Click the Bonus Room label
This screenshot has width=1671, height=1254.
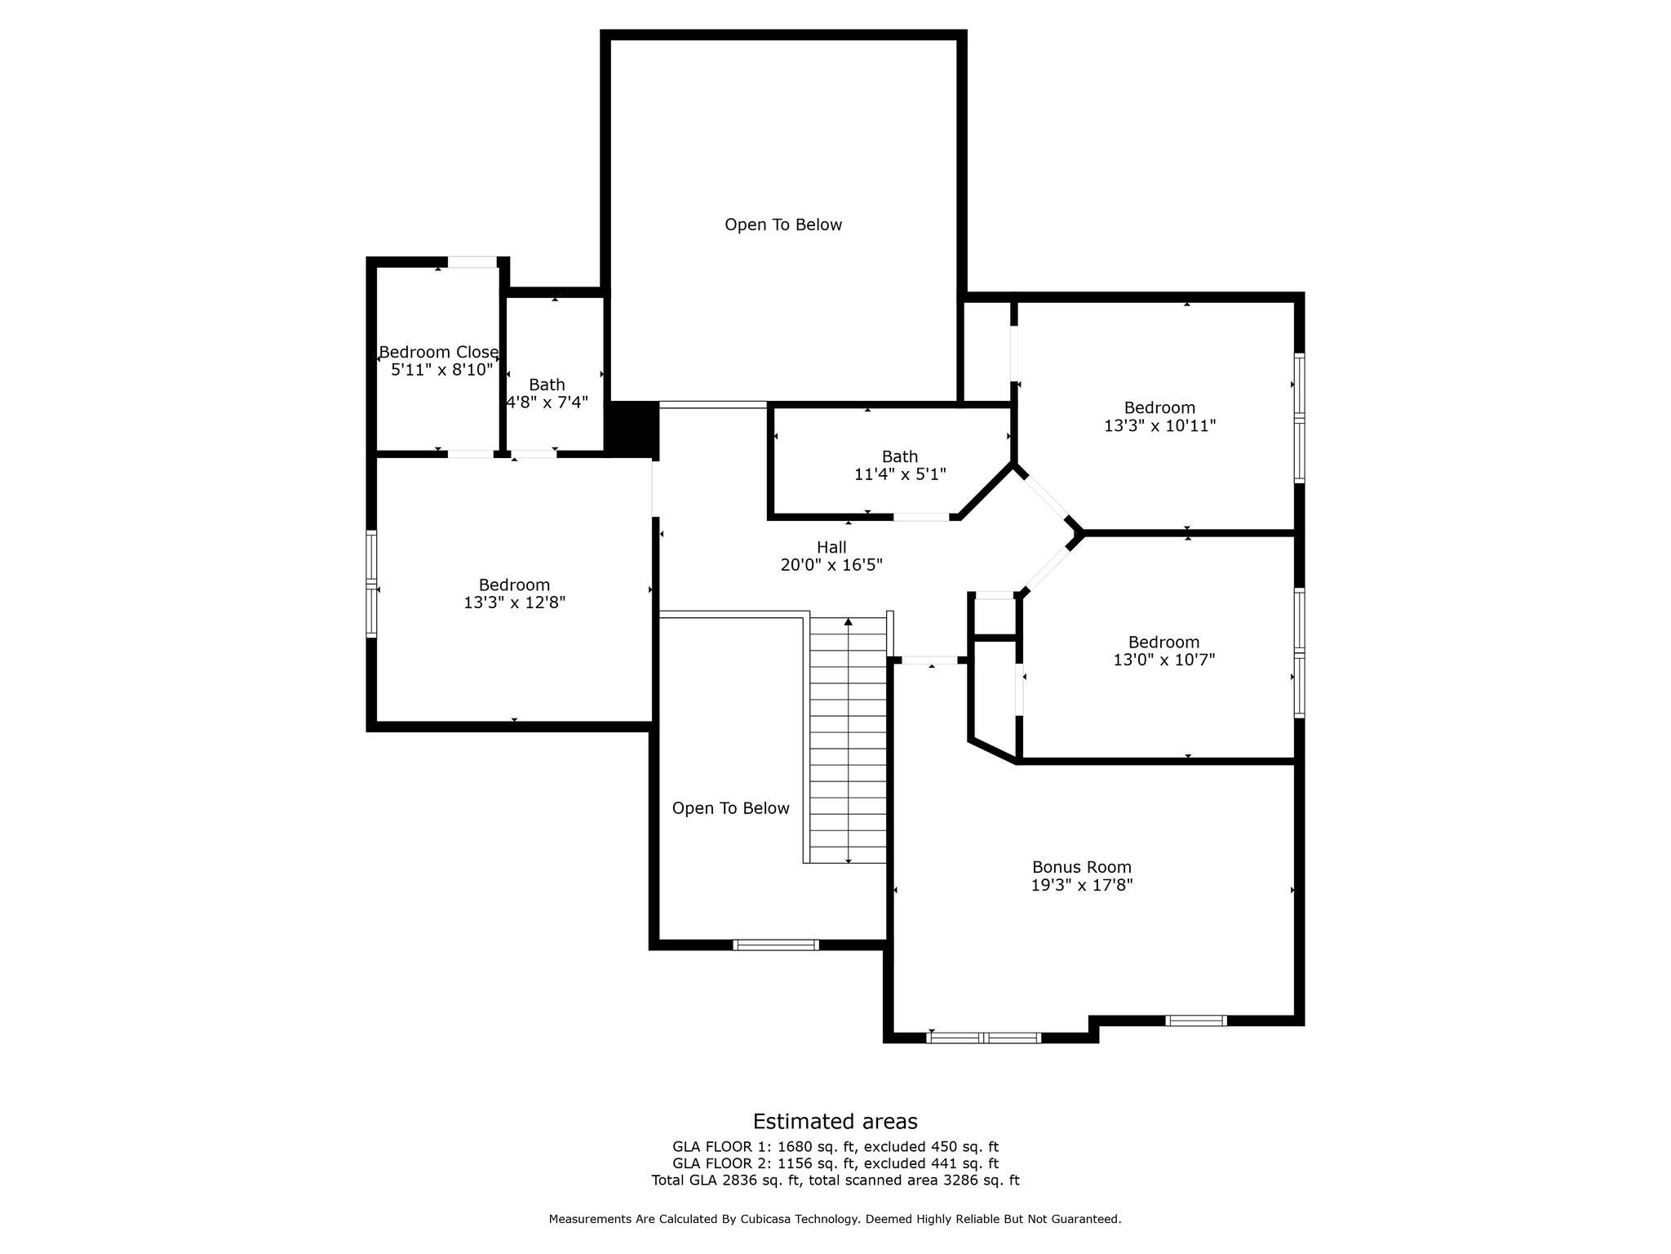tap(1081, 867)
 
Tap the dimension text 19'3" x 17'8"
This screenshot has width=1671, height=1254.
tap(1081, 885)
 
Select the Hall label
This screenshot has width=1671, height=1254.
tap(831, 547)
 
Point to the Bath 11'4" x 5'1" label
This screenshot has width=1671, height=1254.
tap(899, 465)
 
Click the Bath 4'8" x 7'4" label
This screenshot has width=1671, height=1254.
tap(547, 394)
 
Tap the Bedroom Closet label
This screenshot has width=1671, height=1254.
tap(439, 353)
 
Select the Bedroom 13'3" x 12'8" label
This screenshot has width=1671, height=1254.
tap(514, 594)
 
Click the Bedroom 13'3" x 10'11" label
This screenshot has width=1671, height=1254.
tap(1159, 416)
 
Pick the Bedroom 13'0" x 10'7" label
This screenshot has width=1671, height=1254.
tap(1163, 651)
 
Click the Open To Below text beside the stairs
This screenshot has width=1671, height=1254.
tap(730, 808)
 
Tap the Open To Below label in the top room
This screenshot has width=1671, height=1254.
tap(783, 225)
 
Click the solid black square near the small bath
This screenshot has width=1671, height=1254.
tap(632, 429)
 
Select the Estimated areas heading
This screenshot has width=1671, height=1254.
tap(835, 1121)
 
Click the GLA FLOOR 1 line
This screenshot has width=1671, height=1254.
tap(835, 1147)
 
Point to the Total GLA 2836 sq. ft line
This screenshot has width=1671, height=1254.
tap(835, 1180)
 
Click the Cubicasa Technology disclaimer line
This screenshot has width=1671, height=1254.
tap(835, 1219)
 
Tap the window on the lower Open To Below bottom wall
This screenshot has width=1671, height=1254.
tap(775, 945)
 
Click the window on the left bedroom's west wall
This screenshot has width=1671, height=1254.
tap(372, 584)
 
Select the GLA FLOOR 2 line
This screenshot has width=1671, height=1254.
tap(835, 1163)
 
